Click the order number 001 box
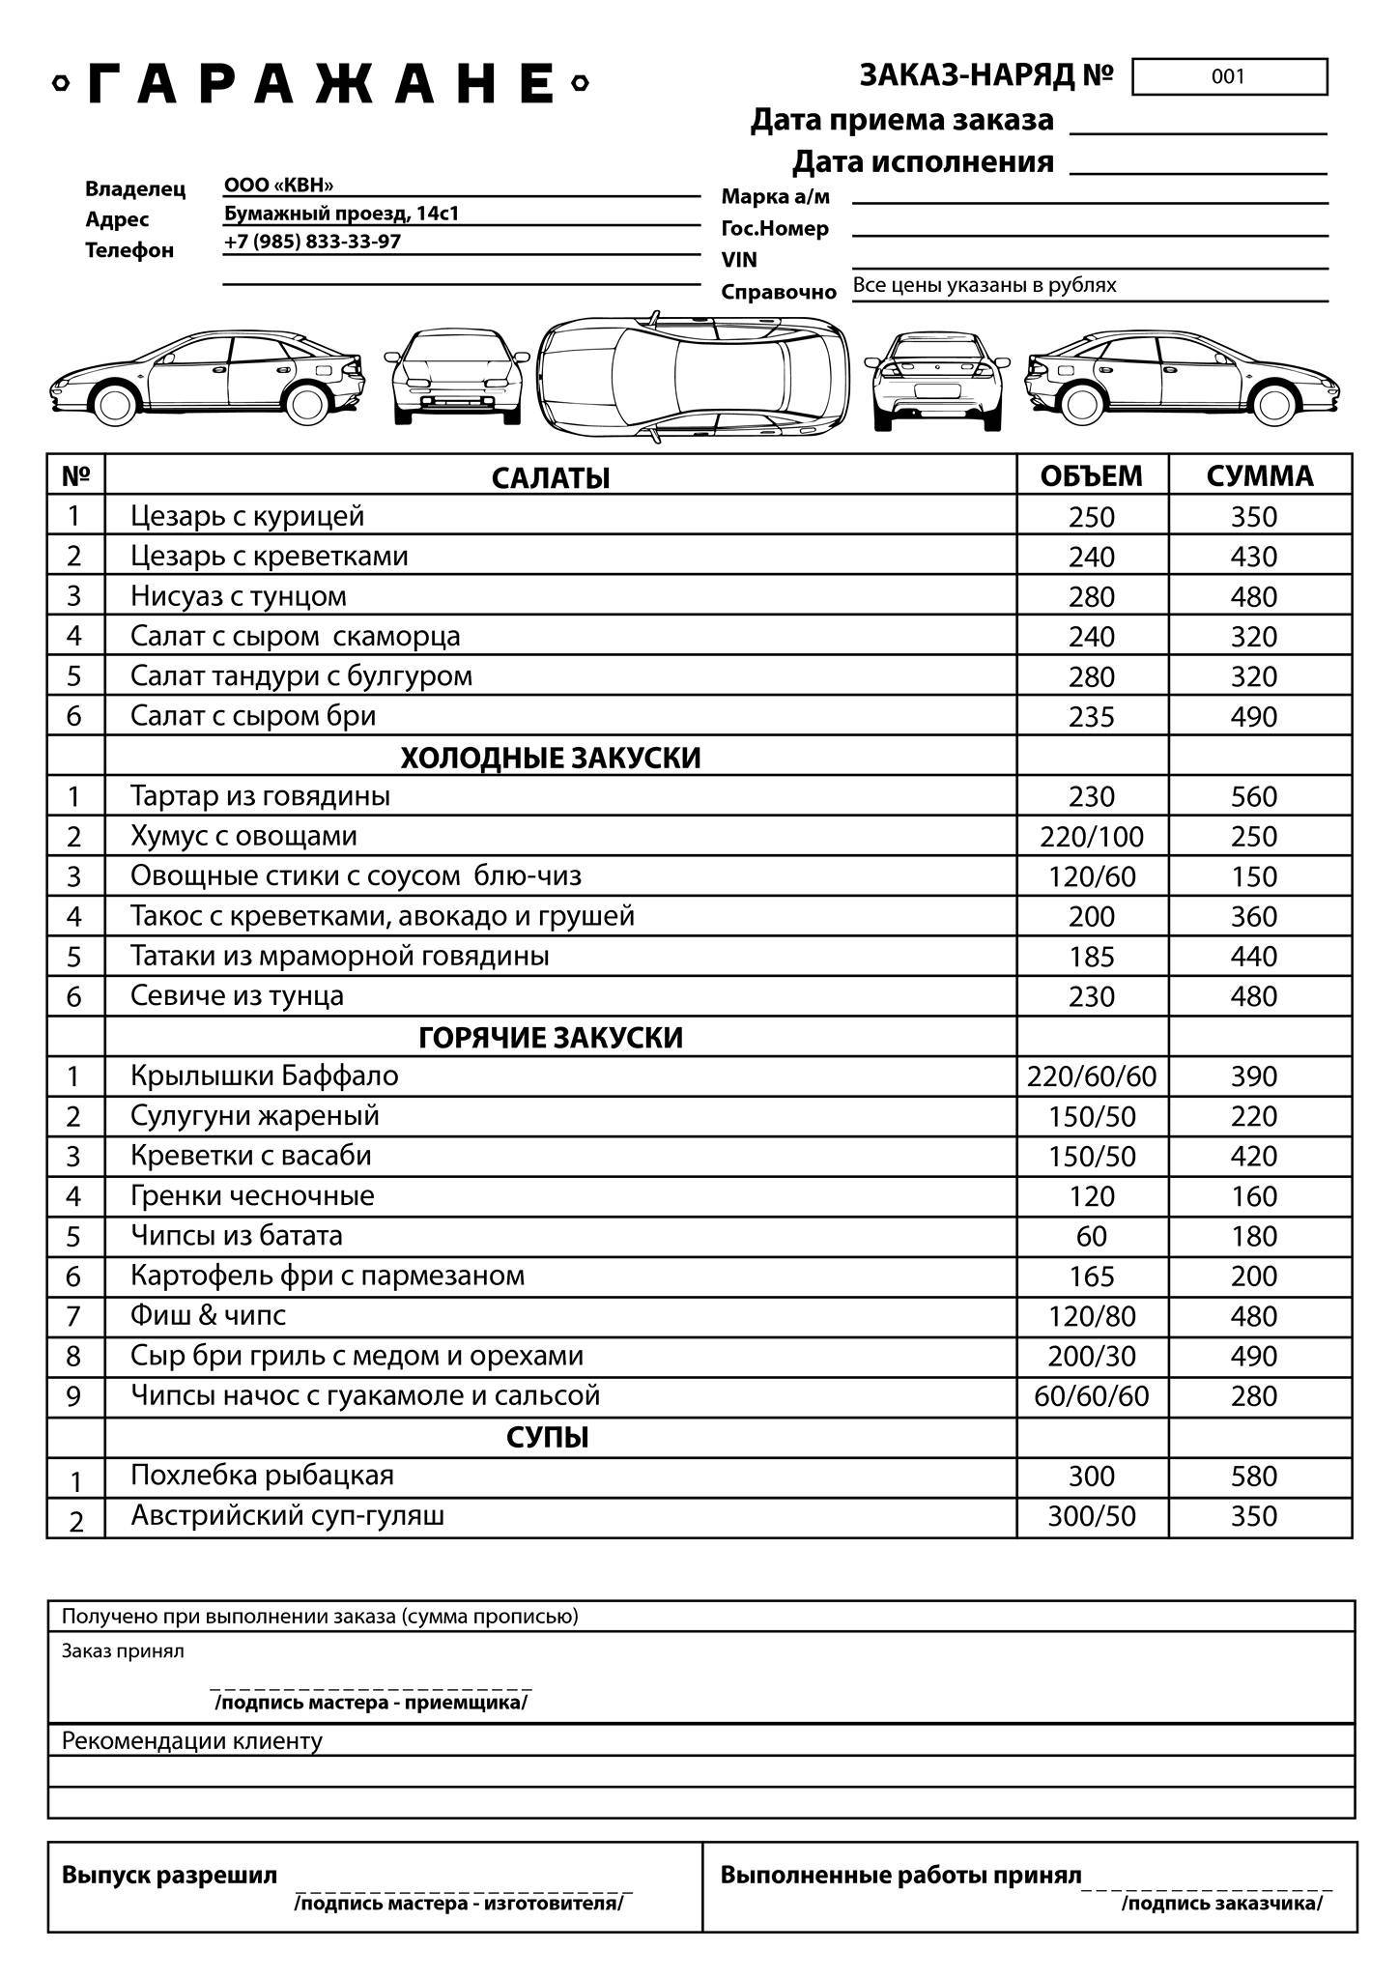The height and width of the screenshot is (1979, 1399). [x=1229, y=77]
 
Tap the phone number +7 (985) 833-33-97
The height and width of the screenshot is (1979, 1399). [x=312, y=242]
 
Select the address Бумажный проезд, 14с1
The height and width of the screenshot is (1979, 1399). [x=341, y=214]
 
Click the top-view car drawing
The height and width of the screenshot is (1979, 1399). [x=693, y=377]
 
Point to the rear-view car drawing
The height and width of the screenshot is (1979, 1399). [x=937, y=381]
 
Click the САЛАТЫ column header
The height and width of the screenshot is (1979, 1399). [x=551, y=477]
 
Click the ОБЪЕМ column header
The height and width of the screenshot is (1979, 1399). [x=1091, y=476]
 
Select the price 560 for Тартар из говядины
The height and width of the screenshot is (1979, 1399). [x=1254, y=797]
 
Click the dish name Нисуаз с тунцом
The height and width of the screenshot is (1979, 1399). [x=239, y=596]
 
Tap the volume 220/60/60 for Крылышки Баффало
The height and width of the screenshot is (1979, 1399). [x=1092, y=1076]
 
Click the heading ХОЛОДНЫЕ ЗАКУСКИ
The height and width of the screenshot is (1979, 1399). [x=551, y=758]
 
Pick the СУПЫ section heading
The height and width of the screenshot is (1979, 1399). [x=548, y=1438]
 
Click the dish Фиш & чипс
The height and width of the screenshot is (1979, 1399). [x=209, y=1315]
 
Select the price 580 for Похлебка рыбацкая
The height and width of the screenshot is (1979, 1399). [x=1254, y=1477]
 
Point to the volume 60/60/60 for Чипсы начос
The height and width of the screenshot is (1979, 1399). [x=1092, y=1396]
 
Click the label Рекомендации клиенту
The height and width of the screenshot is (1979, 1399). [x=192, y=1741]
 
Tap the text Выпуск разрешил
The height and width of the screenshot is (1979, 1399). [x=169, y=1876]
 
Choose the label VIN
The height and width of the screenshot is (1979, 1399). [x=739, y=260]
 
